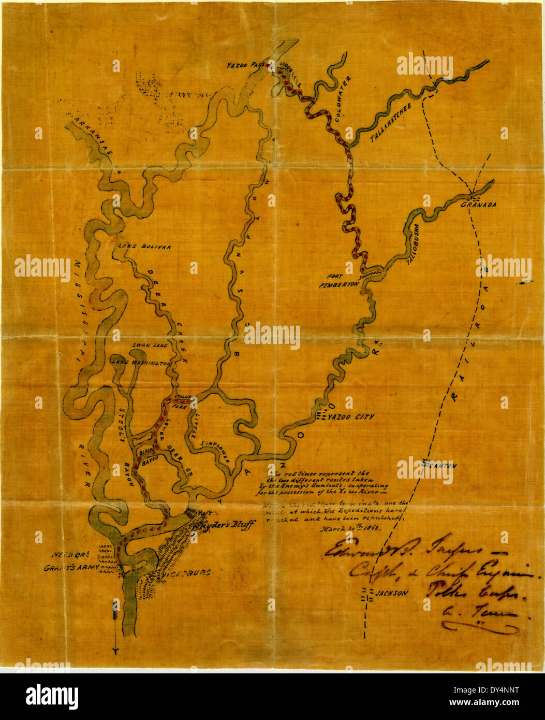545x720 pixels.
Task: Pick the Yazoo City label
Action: coord(352,416)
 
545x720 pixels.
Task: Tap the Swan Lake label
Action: coord(148,345)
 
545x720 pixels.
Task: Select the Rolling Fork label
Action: coord(184,402)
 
